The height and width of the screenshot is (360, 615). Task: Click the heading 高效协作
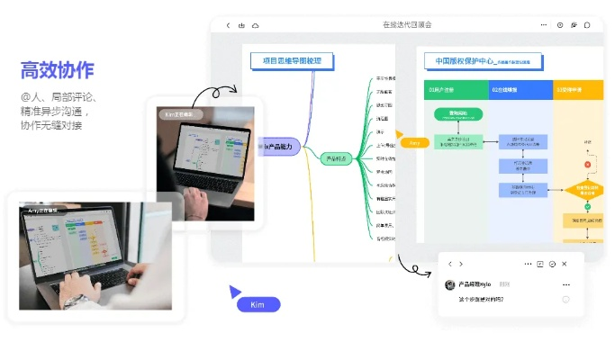tap(57, 70)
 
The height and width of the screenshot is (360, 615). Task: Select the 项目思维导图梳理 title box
tap(293, 61)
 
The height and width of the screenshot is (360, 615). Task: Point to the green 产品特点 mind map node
tap(335, 158)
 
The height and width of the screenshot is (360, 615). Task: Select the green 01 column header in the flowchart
tap(456, 89)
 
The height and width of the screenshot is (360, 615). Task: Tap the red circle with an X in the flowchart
tap(587, 165)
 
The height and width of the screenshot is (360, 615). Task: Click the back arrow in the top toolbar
tap(228, 25)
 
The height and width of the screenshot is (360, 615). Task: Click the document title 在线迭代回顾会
tap(407, 25)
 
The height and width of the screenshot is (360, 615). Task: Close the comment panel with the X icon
tap(565, 264)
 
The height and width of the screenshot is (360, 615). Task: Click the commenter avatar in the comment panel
tap(449, 284)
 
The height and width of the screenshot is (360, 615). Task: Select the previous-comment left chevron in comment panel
tap(449, 264)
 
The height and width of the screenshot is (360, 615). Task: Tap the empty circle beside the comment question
tap(565, 299)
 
